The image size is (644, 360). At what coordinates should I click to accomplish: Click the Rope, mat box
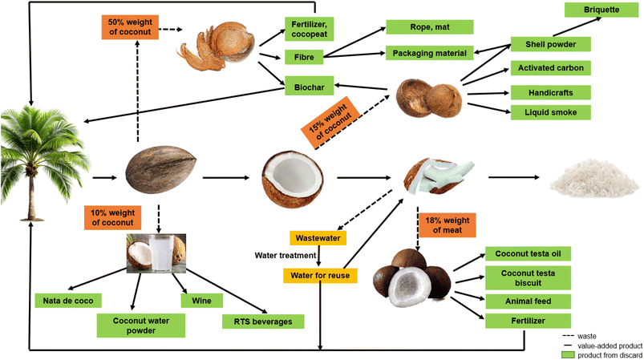point(430,26)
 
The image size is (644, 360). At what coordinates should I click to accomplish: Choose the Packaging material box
point(430,53)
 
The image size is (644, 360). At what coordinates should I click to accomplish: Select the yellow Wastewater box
point(320,238)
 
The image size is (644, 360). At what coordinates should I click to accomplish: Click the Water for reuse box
point(320,276)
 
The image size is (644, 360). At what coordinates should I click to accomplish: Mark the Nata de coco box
point(69,301)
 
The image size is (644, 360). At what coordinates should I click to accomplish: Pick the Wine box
point(196,301)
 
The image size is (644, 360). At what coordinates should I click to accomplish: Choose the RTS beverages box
point(263,322)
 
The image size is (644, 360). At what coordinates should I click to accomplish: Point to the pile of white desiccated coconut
point(591,179)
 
